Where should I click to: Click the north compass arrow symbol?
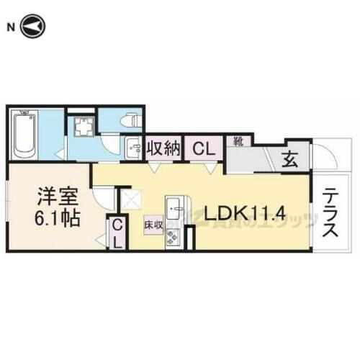click(x=34, y=27)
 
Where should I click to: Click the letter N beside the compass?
click(x=10, y=27)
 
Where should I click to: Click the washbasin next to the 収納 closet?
click(x=133, y=150)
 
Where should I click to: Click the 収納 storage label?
click(x=163, y=149)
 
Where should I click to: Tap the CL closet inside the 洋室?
click(x=117, y=233)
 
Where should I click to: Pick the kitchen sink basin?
click(x=174, y=210)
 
